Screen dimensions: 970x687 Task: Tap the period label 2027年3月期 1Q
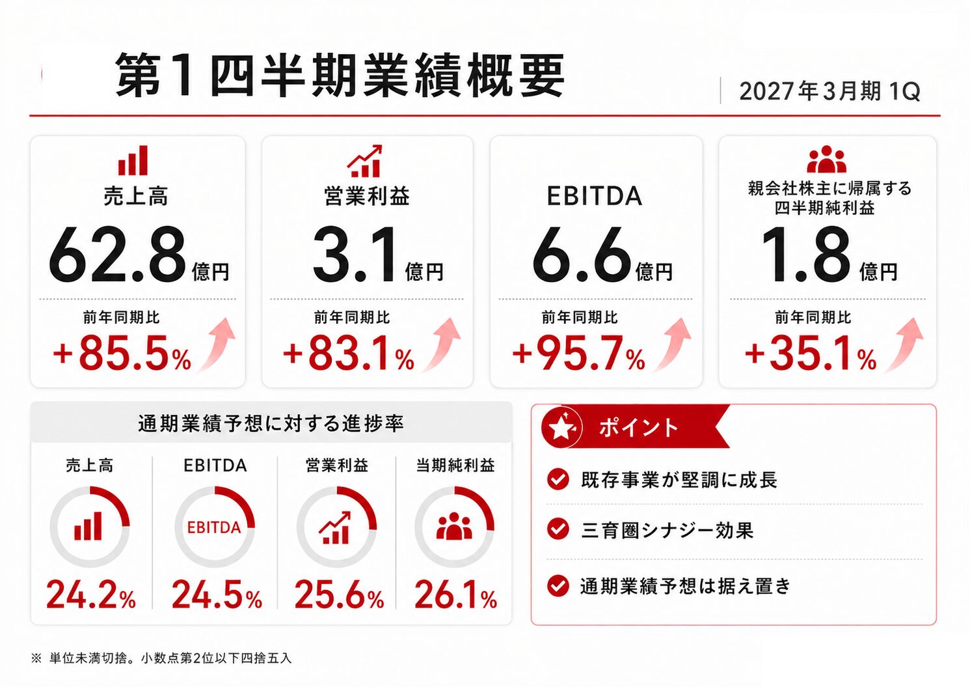[829, 91]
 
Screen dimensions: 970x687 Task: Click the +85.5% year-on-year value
[122, 354]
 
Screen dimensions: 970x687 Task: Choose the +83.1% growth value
[349, 354]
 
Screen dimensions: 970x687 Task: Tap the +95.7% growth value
[578, 354]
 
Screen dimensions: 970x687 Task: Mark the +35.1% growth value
[811, 354]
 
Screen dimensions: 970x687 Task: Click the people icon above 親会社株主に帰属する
[826, 159]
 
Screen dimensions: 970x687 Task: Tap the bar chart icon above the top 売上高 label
[133, 160]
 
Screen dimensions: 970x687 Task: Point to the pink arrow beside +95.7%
[673, 344]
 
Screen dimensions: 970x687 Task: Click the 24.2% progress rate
[91, 595]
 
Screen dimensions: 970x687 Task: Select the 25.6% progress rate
[339, 595]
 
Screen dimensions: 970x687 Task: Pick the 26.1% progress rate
[455, 595]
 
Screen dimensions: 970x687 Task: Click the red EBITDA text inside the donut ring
[214, 527]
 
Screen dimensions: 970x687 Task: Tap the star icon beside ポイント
[561, 427]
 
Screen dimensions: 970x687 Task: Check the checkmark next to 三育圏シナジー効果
[558, 529]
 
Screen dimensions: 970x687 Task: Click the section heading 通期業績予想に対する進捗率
[271, 423]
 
